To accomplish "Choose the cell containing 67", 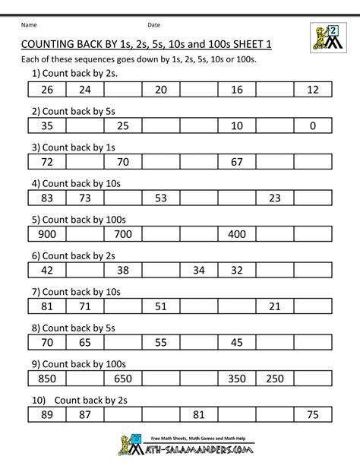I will tap(236, 162).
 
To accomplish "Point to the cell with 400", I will tap(236, 234).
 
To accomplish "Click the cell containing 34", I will tap(199, 270).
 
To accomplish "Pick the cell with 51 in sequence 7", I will tap(160, 306).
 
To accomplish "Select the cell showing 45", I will tap(236, 342).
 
